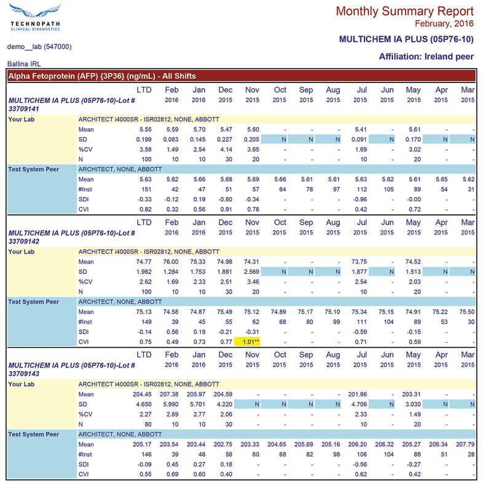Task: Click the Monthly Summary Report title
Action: (x=405, y=11)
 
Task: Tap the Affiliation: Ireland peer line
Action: (x=426, y=57)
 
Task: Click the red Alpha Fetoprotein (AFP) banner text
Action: (x=102, y=76)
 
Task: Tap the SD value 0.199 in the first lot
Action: (x=142, y=140)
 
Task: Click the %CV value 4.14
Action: (x=225, y=149)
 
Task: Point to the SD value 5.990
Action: (x=170, y=404)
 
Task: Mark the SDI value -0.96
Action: (x=360, y=199)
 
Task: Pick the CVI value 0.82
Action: (x=144, y=209)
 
